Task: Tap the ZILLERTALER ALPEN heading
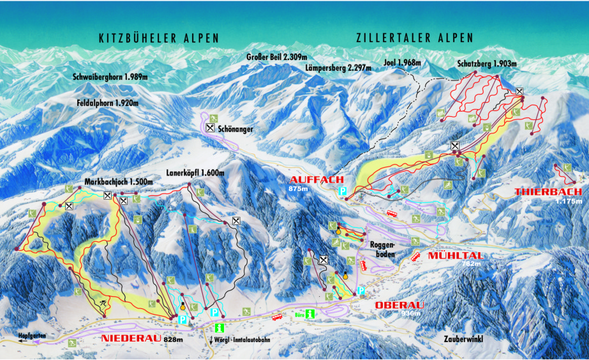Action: (x=414, y=38)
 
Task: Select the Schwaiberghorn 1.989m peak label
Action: (x=110, y=77)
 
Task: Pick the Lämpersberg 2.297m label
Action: (x=337, y=68)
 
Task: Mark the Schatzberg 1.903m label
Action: (x=487, y=64)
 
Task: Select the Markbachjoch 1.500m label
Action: (x=118, y=182)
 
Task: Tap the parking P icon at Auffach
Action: (x=343, y=191)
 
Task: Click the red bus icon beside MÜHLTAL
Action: (x=415, y=256)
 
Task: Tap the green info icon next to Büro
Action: (x=310, y=314)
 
